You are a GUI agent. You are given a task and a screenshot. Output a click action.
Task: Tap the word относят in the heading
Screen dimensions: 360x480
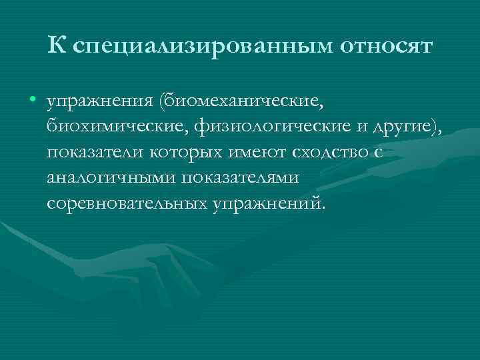(387, 46)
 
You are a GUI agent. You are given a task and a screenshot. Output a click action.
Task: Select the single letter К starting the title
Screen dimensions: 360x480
(57, 45)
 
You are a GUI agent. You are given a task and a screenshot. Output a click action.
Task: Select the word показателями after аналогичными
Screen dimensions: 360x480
(245, 178)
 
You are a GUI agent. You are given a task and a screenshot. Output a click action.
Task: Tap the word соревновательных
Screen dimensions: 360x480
(127, 203)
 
